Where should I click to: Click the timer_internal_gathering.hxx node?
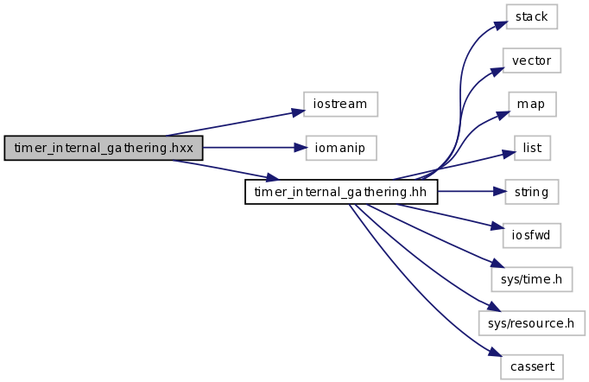(x=103, y=148)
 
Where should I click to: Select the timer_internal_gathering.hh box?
(x=341, y=191)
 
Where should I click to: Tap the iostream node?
(x=340, y=105)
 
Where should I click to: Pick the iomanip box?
(x=340, y=148)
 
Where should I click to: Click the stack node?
(x=532, y=16)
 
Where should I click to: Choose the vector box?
(x=532, y=60)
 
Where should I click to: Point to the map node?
(x=532, y=104)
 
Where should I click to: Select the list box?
(x=532, y=148)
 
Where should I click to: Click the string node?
(x=532, y=191)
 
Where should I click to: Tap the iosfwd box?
(x=532, y=234)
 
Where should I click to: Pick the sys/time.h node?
(x=532, y=278)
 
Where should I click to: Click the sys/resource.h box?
(x=532, y=322)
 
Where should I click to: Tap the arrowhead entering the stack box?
(x=501, y=24)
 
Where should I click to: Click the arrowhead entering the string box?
(x=500, y=191)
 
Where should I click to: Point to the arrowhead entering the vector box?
(x=498, y=67)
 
